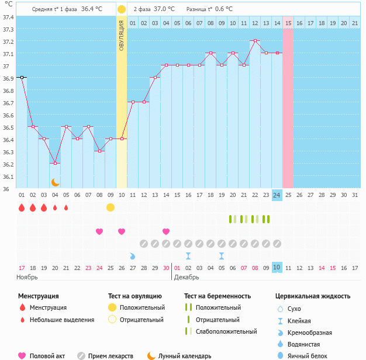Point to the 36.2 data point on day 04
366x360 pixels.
[x=55, y=163]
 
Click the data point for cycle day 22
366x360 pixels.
[x=255, y=41]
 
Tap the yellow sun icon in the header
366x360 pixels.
[x=121, y=9]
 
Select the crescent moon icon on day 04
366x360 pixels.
[x=55, y=182]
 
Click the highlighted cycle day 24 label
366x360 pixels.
[x=277, y=195]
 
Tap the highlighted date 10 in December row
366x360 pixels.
[x=277, y=268]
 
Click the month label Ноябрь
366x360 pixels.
[x=27, y=277]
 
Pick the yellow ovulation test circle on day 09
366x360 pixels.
[x=111, y=207]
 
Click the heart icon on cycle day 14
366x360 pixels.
[x=166, y=231]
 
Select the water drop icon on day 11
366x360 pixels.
[x=132, y=256]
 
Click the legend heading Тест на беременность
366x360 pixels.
[x=217, y=296]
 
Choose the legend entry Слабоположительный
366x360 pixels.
[x=226, y=331]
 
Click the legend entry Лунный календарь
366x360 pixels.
[x=185, y=356]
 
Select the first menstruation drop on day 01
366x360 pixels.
[x=22, y=207]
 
